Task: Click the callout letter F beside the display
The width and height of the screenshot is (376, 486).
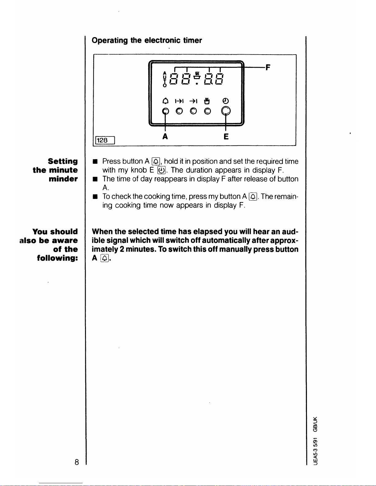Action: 268,67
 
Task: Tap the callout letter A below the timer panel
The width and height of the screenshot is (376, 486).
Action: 165,136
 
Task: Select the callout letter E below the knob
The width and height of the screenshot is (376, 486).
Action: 226,136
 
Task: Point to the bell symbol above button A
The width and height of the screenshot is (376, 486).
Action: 165,101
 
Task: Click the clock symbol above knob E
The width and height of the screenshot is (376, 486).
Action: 226,101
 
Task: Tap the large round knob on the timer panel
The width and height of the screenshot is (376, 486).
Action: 226,111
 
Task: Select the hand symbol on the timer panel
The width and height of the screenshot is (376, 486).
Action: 207,101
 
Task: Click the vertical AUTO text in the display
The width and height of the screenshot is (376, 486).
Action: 165,79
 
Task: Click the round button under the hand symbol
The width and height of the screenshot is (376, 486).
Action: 207,111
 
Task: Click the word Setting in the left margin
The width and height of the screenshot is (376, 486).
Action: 63,161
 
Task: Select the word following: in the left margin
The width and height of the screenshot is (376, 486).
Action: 57,258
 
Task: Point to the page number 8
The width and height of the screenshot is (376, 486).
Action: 76,462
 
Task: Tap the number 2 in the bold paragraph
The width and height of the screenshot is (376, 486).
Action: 122,249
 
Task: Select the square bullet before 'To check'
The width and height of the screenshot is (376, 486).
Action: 95,197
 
